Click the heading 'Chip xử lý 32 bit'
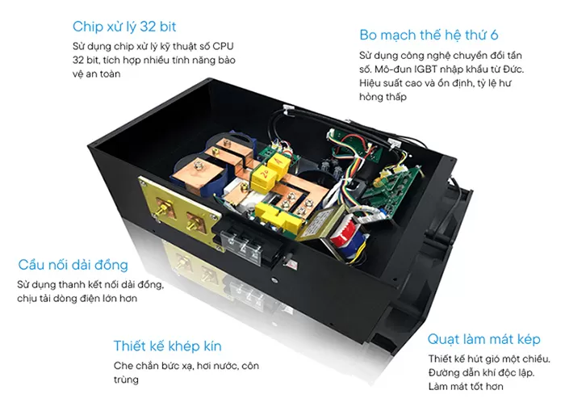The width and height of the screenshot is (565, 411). pyautogui.click(x=124, y=27)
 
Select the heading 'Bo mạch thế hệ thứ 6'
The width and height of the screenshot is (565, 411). pyautogui.click(x=429, y=35)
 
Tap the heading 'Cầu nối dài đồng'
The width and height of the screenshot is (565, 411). pyautogui.click(x=73, y=265)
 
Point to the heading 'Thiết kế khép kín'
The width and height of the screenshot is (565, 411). pyautogui.click(x=168, y=346)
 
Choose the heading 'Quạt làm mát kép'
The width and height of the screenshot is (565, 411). pyautogui.click(x=484, y=339)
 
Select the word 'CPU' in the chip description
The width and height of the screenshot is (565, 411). pyautogui.click(x=223, y=46)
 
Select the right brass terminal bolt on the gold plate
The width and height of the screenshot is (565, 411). pyautogui.click(x=195, y=222)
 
